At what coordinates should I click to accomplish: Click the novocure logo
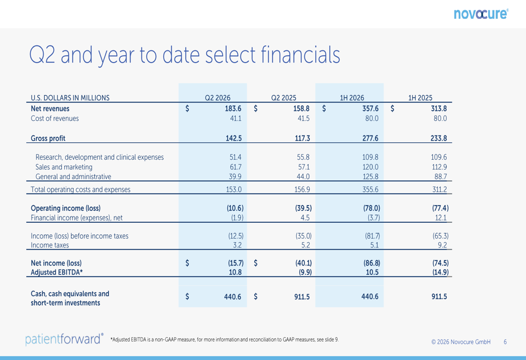(x=481, y=14)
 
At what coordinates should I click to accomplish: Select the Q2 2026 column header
(x=218, y=98)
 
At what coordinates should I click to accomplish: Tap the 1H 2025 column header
(x=420, y=98)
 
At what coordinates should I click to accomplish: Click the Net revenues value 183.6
(x=233, y=109)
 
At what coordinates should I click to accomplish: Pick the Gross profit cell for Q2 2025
(x=302, y=138)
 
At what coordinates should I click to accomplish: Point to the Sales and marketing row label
(x=64, y=167)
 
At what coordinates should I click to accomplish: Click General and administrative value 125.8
(x=370, y=177)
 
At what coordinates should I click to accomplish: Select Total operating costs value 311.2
(x=439, y=189)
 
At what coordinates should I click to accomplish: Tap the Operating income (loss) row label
(x=65, y=208)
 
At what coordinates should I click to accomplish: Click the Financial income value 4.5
(x=305, y=218)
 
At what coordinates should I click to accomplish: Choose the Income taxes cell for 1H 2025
(x=442, y=245)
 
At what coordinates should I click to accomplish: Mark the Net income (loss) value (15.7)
(x=236, y=263)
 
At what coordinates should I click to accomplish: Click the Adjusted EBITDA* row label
(x=56, y=272)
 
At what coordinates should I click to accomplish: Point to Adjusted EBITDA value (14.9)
(x=440, y=272)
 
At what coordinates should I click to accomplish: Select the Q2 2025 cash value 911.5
(x=302, y=296)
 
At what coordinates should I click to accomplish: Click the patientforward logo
(x=64, y=339)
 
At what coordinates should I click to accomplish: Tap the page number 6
(x=505, y=342)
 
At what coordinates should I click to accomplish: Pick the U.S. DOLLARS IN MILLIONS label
(x=70, y=98)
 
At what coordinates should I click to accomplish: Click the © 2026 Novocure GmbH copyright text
(x=461, y=342)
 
